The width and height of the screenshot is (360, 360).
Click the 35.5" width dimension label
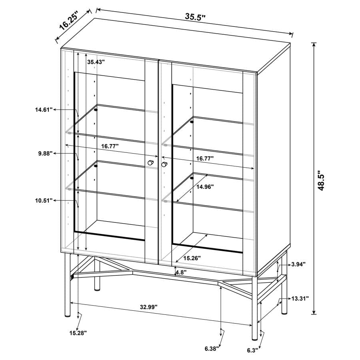pyautogui.click(x=195, y=17)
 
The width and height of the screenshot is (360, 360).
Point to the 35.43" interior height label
pyautogui.click(x=96, y=62)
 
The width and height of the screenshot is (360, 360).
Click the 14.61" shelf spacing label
pyautogui.click(x=44, y=109)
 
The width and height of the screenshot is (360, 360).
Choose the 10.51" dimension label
pyautogui.click(x=44, y=200)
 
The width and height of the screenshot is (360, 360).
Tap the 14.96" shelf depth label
pyautogui.click(x=204, y=186)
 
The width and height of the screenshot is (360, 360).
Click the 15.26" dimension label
pyautogui.click(x=192, y=258)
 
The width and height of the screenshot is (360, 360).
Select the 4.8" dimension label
pyautogui.click(x=181, y=273)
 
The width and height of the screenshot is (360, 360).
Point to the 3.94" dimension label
pyautogui.click(x=298, y=264)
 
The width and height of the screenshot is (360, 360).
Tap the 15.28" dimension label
pyautogui.click(x=78, y=332)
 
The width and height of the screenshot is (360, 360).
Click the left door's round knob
pyautogui.click(x=151, y=162)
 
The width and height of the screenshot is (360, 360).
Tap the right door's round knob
pyautogui.click(x=164, y=164)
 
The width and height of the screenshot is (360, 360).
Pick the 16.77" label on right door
pyautogui.click(x=204, y=158)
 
